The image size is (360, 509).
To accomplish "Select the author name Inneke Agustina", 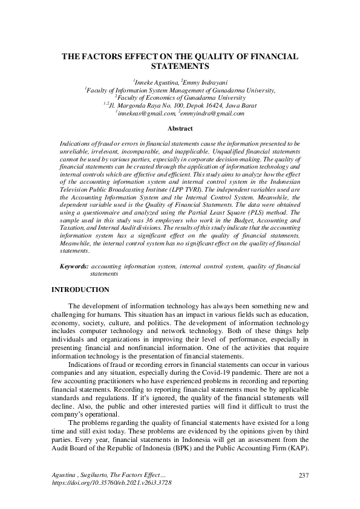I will point(154,81).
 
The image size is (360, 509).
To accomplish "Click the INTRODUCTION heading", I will point(80,290).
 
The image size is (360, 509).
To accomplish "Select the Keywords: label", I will point(74,265).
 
